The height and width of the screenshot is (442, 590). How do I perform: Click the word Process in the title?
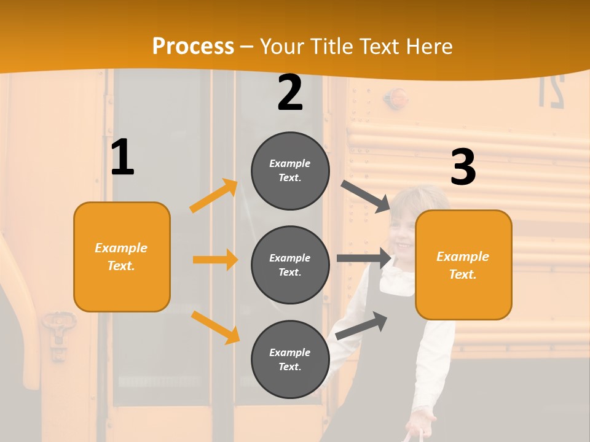(x=193, y=47)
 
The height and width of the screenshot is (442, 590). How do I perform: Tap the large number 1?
(x=122, y=157)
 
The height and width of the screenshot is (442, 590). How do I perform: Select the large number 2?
(x=290, y=93)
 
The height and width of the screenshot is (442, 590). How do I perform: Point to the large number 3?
(x=463, y=167)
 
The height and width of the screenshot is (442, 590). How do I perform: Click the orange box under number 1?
(x=122, y=257)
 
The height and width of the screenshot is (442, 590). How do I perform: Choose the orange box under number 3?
(x=463, y=265)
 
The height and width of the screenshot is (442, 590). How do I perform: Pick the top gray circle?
(x=290, y=171)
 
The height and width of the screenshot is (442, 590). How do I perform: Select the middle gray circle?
(x=290, y=265)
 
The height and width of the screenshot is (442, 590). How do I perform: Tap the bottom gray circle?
(x=290, y=359)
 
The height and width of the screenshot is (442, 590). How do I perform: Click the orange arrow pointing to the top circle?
(x=214, y=195)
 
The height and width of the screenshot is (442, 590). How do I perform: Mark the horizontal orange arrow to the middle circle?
(x=215, y=260)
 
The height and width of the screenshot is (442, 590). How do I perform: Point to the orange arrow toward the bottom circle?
(x=215, y=327)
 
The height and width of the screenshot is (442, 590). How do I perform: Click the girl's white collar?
(x=396, y=279)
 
